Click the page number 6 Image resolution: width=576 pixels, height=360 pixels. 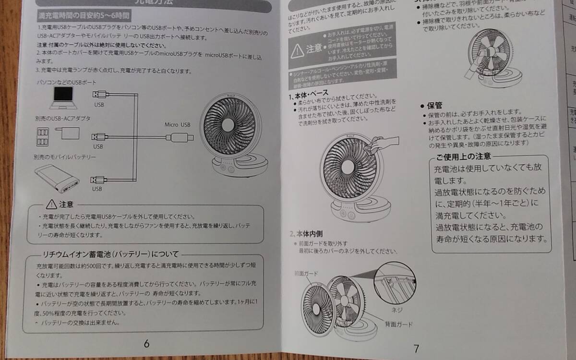[x=146, y=343]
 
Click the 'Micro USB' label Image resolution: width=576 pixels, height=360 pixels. [x=178, y=124]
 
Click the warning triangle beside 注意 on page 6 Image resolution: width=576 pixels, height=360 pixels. [x=51, y=204]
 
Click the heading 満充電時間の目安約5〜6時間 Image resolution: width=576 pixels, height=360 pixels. [x=84, y=16]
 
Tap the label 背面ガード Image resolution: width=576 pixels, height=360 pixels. [x=398, y=324]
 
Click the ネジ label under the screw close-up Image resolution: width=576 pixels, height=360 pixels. [x=396, y=310]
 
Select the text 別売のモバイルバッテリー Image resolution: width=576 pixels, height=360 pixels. [x=64, y=157]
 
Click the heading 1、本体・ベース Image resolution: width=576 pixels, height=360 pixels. [x=309, y=92]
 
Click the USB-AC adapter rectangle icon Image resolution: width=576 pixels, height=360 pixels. [x=70, y=133]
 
